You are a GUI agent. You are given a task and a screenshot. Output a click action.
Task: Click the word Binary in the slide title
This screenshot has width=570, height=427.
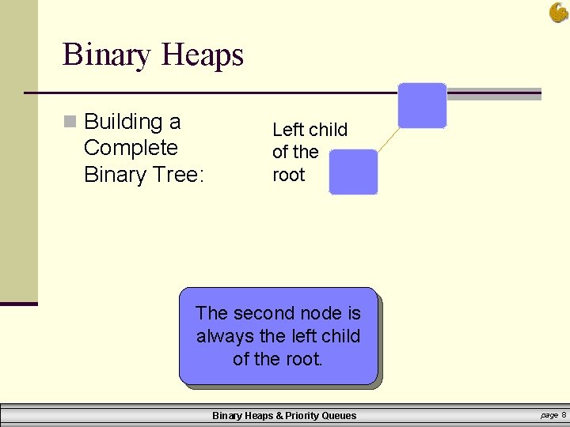click(107, 55)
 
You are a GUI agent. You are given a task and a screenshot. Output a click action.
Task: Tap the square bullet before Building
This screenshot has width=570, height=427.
click(70, 122)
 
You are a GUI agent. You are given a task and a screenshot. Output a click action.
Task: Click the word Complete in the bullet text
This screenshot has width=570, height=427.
click(131, 148)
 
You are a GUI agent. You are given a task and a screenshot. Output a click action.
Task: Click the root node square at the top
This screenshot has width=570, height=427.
click(422, 105)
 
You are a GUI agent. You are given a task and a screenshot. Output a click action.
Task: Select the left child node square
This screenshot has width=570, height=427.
click(353, 172)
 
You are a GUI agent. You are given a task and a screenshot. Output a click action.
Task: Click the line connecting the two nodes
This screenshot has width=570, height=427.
click(387, 139)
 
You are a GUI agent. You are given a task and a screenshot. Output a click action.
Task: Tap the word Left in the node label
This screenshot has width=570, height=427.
click(287, 130)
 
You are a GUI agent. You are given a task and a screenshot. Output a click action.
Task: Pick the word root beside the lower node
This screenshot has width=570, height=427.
click(288, 175)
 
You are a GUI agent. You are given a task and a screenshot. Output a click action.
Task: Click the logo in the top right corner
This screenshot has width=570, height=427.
click(558, 12)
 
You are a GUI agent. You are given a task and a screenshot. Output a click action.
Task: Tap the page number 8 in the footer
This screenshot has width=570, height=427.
click(564, 415)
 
